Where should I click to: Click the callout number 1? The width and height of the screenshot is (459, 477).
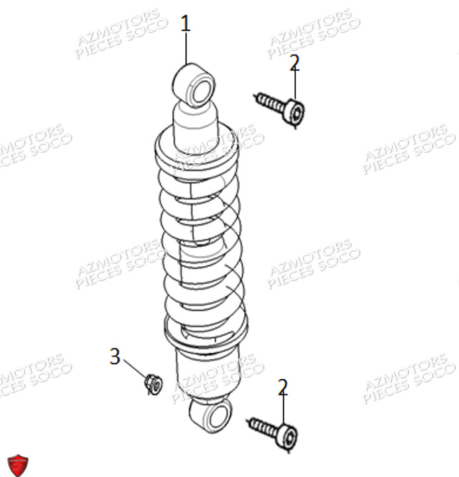185,24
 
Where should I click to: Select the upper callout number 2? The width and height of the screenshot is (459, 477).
294,63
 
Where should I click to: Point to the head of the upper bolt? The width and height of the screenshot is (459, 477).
295,113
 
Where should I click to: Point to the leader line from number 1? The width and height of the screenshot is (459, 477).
186,48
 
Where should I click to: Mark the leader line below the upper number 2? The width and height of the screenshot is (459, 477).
295,86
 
